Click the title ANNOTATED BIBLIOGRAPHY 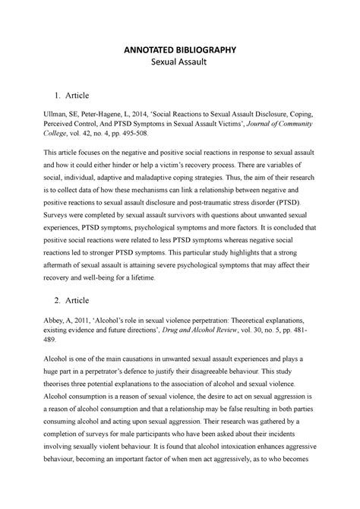tap(180, 51)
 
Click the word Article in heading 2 tap(77, 322)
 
